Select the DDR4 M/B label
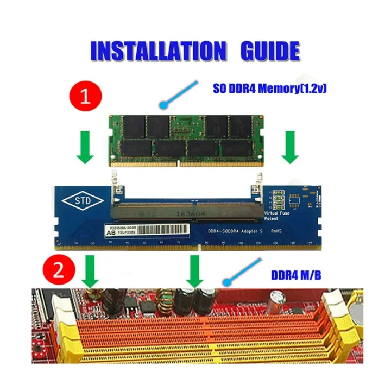pyautogui.click(x=298, y=275)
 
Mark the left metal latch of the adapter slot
pyautogui.click(x=116, y=188)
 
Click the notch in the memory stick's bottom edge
pyautogui.click(x=178, y=163)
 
